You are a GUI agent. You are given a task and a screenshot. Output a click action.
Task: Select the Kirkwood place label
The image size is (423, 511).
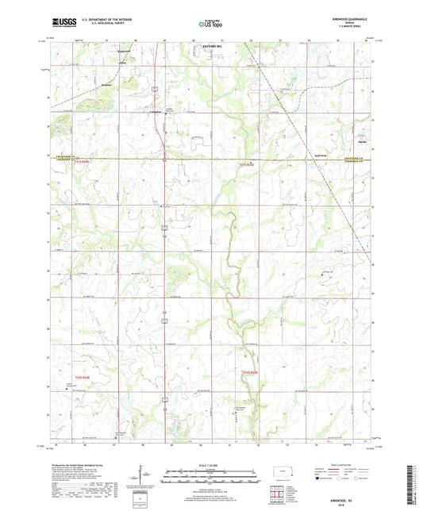pyautogui.click(x=122, y=49)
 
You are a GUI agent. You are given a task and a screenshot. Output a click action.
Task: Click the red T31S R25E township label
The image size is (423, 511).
pyautogui.click(x=248, y=164)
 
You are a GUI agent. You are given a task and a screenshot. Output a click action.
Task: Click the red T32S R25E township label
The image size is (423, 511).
pyautogui.click(x=249, y=371)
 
